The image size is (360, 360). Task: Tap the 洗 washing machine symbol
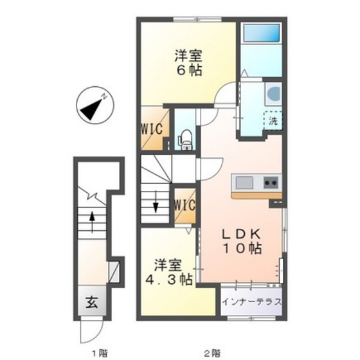[x=273, y=120]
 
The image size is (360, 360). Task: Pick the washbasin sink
[x=273, y=94]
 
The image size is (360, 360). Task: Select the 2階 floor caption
[x=212, y=352]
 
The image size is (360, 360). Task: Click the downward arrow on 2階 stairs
[x=156, y=206]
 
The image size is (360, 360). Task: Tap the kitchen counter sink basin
[x=246, y=181]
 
